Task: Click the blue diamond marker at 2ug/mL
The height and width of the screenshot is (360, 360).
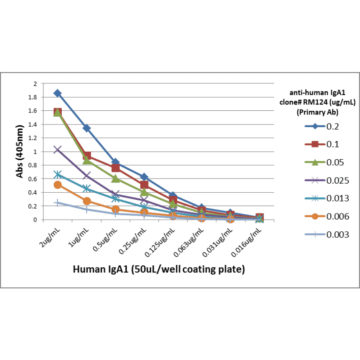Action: click(x=57, y=93)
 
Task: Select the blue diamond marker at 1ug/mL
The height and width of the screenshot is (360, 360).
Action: click(x=87, y=128)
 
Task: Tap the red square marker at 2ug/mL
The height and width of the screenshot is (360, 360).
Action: click(x=57, y=112)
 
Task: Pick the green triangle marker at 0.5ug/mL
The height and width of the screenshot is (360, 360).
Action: click(x=115, y=179)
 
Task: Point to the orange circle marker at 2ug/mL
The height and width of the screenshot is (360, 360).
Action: click(x=57, y=185)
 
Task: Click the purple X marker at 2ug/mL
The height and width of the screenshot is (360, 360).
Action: click(x=57, y=149)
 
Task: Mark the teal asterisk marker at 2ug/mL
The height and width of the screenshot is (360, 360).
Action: click(x=57, y=174)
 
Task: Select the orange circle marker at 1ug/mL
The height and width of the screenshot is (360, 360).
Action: click(x=87, y=201)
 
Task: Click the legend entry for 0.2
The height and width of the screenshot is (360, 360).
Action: click(x=325, y=126)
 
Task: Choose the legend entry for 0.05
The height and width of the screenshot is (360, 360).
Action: click(x=325, y=162)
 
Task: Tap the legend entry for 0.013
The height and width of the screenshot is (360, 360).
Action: click(x=325, y=198)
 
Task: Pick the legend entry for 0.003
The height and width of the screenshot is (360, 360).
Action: click(x=325, y=234)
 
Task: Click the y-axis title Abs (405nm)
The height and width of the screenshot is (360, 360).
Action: click(x=20, y=152)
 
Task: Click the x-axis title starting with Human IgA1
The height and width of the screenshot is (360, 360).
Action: click(x=158, y=269)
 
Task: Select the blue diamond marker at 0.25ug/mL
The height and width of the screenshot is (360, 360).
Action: click(x=144, y=177)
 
